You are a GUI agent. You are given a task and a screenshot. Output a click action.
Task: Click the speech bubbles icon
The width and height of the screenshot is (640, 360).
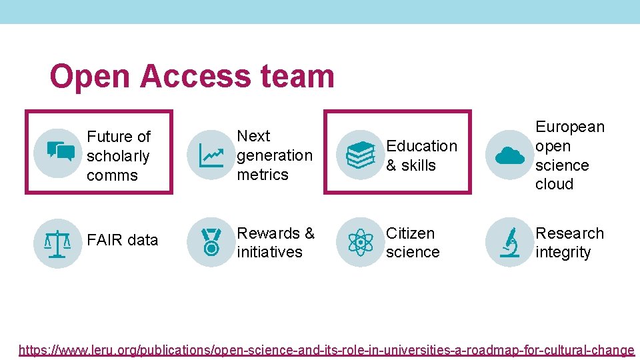pos(59,152)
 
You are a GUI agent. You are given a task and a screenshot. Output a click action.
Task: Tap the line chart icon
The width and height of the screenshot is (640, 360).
pos(211,155)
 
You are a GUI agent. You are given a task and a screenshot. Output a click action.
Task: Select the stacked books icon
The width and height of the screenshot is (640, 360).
pos(361,155)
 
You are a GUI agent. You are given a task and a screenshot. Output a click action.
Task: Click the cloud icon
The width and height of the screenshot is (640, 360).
pos(510,155)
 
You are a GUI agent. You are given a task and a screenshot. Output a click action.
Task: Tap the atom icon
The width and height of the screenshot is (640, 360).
pos(361,243)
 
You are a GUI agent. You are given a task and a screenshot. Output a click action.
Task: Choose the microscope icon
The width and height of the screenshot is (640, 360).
pos(510,243)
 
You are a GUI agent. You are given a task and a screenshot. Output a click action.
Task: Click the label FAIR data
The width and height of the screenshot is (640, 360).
pos(123,240)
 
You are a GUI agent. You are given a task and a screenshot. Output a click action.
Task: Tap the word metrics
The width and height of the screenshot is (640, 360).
pos(263,175)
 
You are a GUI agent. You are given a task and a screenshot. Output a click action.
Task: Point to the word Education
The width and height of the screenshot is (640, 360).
pos(422,145)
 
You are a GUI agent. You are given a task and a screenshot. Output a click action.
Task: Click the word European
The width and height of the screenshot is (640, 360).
pos(570,127)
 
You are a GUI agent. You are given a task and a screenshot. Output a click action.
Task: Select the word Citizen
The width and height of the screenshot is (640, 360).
pos(410,233)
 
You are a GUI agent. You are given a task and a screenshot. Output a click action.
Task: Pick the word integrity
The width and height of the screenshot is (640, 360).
pos(563,252)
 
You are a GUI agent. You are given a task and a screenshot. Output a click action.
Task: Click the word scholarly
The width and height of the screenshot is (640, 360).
pos(118,156)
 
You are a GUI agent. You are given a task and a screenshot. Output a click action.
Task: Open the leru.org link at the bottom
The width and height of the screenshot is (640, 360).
pos(327,349)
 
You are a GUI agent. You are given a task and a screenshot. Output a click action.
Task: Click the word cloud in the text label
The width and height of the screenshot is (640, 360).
pos(554,184)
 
